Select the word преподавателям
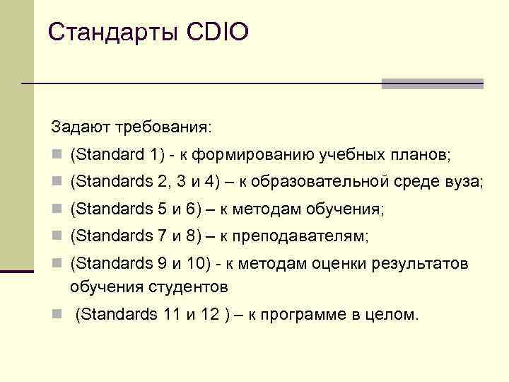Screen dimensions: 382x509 point(308,236)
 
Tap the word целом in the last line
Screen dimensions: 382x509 point(395,315)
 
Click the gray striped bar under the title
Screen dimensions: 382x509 point(432,83)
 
